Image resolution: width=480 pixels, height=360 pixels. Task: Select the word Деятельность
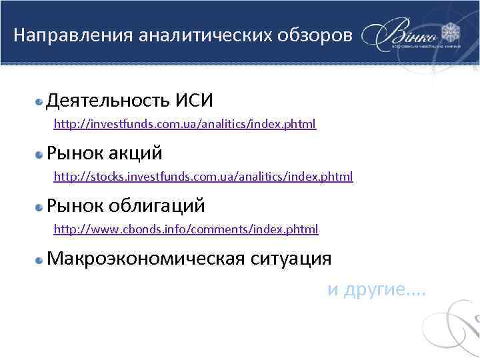pyautogui.click(x=108, y=101)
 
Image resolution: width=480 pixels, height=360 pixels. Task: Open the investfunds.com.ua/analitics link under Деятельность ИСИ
pyautogui.click(x=185, y=124)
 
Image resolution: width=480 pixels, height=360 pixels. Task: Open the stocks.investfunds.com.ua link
pyautogui.click(x=203, y=177)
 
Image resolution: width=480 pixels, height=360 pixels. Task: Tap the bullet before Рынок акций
pyautogui.click(x=39, y=154)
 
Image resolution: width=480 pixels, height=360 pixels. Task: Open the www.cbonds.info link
pyautogui.click(x=186, y=229)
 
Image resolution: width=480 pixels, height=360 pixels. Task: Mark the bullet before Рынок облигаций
pyautogui.click(x=39, y=206)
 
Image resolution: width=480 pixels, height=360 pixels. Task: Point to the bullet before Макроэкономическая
pyautogui.click(x=39, y=259)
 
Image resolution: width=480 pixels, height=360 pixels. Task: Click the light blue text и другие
pyautogui.click(x=377, y=291)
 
